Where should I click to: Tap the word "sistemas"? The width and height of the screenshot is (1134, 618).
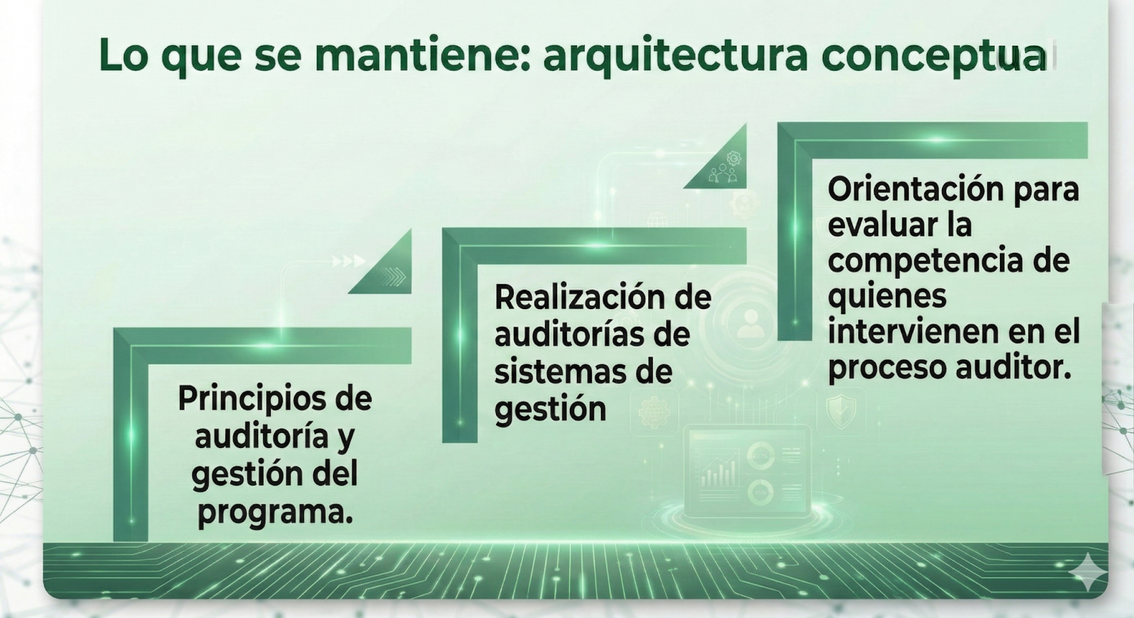(553, 371)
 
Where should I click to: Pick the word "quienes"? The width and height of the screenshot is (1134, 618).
(887, 298)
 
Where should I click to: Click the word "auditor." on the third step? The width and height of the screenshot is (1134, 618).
(1014, 367)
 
